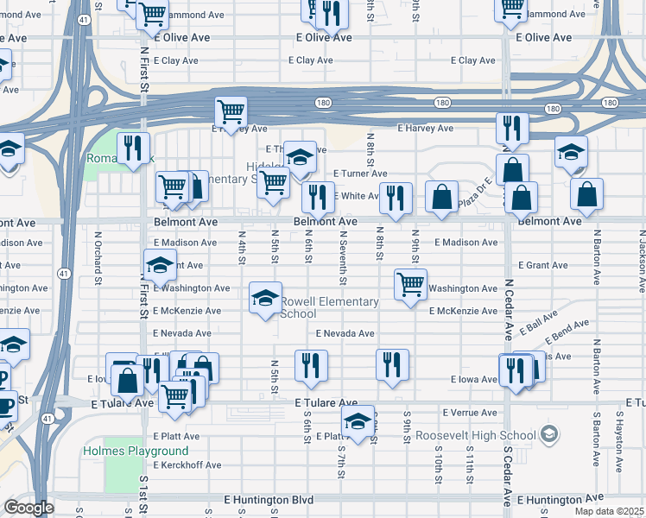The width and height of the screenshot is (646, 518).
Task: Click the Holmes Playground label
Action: click(136, 452)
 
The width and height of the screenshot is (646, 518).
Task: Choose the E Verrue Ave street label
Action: click(470, 414)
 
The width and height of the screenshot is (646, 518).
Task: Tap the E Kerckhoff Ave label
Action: click(187, 464)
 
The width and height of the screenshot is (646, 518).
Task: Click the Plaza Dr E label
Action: click(474, 193)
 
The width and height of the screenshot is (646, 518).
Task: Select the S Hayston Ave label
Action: click(619, 453)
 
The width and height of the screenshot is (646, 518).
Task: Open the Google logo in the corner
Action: click(28, 508)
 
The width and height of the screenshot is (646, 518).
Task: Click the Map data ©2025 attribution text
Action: click(610, 511)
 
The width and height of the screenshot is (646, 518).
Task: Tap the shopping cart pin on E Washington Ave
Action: click(410, 284)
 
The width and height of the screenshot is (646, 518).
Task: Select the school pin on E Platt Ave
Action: click(357, 420)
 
